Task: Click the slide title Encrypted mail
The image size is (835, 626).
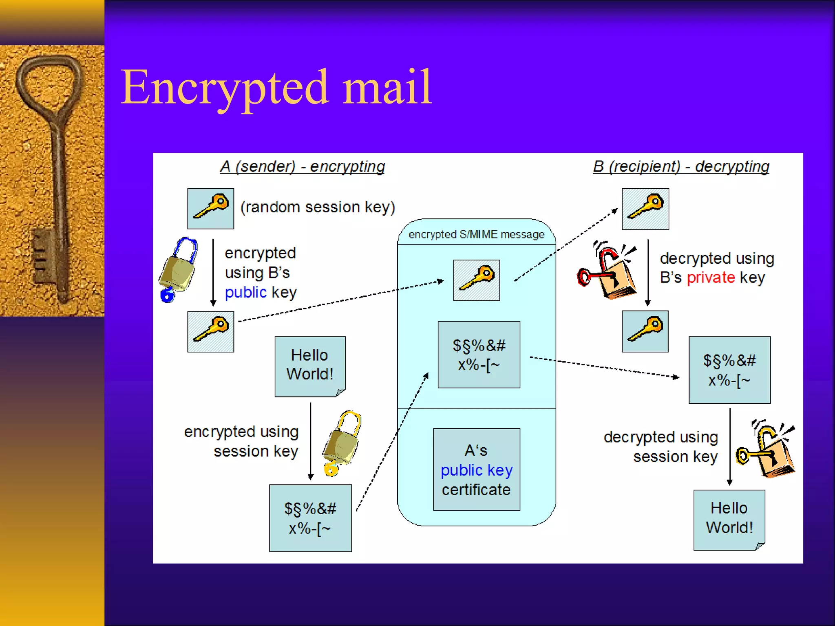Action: coord(276,88)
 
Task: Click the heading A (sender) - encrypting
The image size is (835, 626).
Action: coord(302,167)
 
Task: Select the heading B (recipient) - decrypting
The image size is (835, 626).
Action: coord(681,167)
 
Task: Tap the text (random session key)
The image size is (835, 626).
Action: coord(318,207)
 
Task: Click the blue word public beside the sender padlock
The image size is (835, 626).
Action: coord(245,292)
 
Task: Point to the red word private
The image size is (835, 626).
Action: coord(711,278)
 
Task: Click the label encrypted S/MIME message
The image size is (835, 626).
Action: coord(476,234)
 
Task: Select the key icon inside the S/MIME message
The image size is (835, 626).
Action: coord(476,280)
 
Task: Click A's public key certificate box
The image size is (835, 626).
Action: coord(476,469)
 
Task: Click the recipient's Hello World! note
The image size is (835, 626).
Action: coord(729,519)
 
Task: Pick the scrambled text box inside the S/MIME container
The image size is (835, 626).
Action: coord(479,355)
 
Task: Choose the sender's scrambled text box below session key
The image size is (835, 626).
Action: coord(310,518)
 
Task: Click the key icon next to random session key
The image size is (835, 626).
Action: coord(210,208)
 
